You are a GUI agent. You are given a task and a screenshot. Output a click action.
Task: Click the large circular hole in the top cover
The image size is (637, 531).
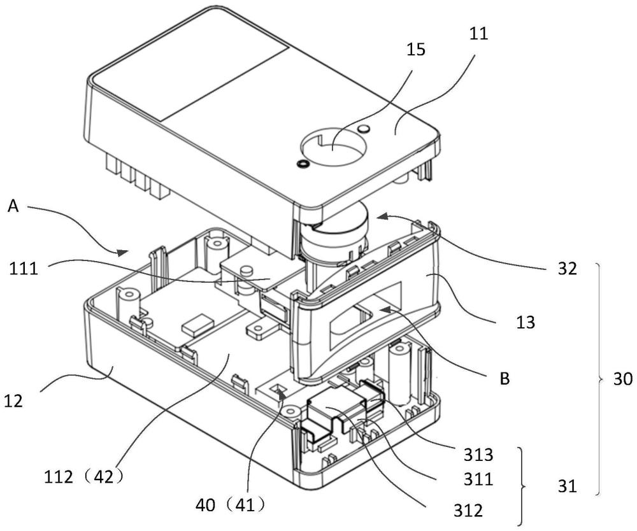click(332, 147)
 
